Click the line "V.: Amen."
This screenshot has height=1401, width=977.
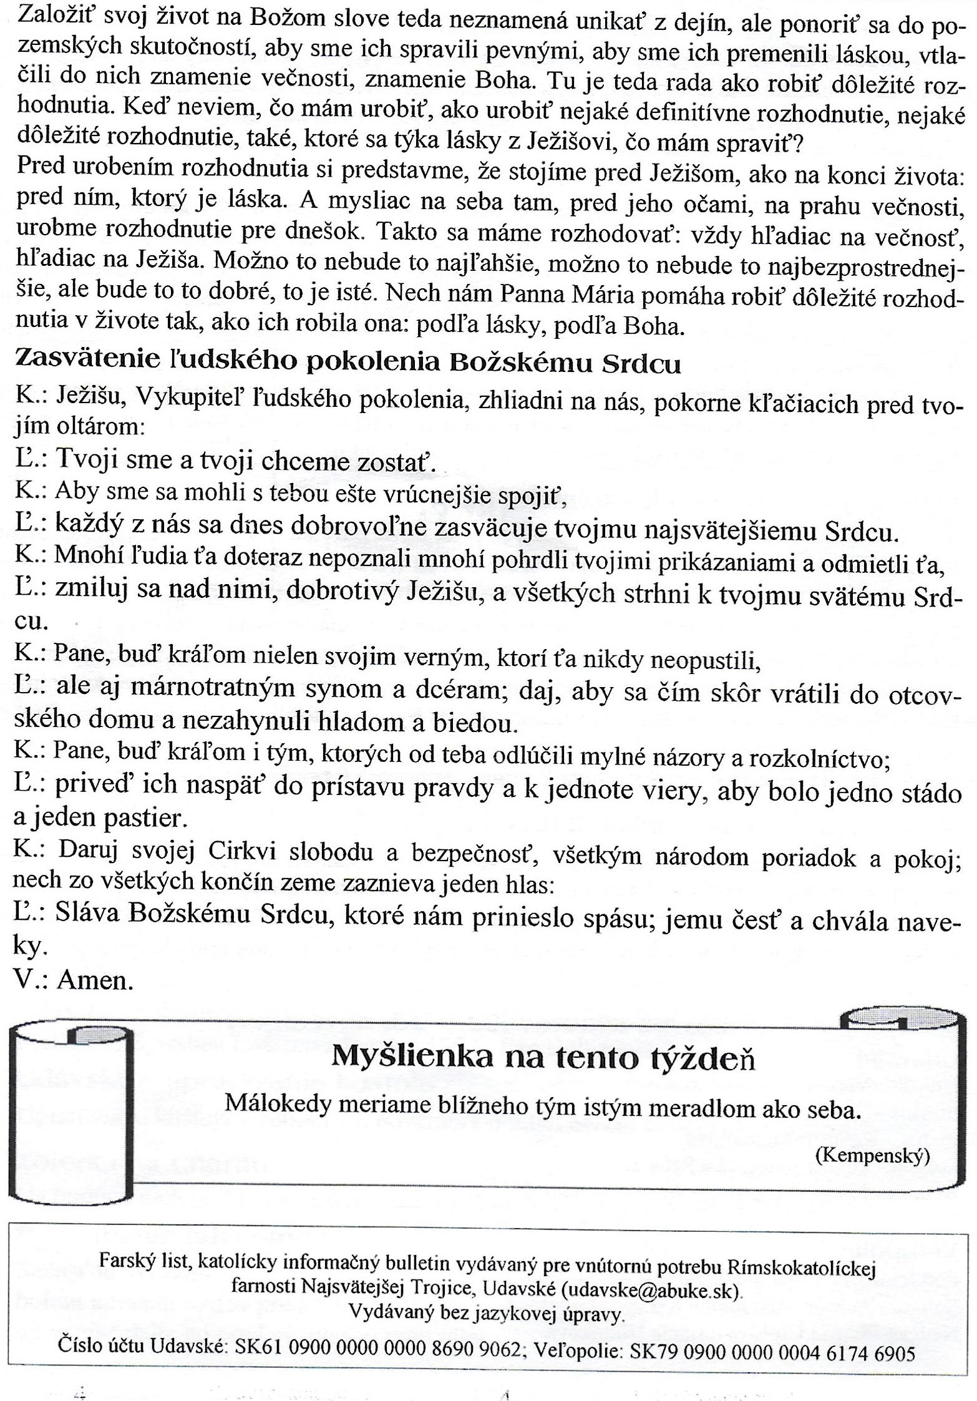tap(74, 979)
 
